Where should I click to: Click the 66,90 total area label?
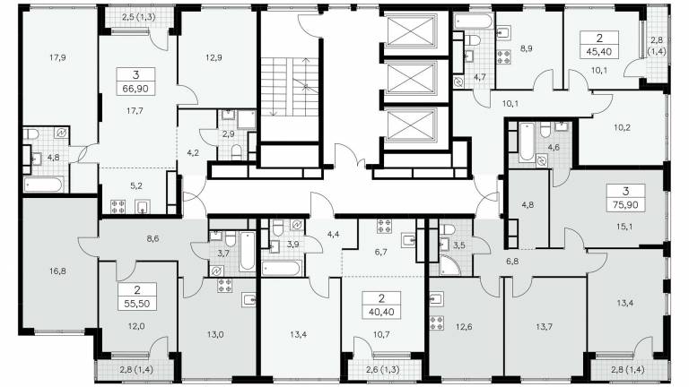tap(135, 89)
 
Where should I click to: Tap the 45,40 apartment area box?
tap(599, 45)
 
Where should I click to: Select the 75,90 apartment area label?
tap(625, 205)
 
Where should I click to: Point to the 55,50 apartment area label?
tap(136, 304)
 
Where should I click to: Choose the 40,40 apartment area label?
tap(381, 313)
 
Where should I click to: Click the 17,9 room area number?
tap(57, 57)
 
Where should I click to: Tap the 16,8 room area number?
tap(57, 271)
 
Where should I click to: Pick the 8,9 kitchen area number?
tap(527, 48)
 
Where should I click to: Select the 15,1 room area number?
tap(624, 227)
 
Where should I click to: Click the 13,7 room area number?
tap(544, 326)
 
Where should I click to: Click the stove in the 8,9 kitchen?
tap(503, 57)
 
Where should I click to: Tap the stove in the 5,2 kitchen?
tap(118, 207)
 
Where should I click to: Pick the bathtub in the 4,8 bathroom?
tap(43, 185)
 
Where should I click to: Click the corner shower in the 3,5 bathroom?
tap(449, 265)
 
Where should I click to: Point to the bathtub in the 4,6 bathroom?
tap(527, 142)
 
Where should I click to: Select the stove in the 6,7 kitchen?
tap(384, 227)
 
